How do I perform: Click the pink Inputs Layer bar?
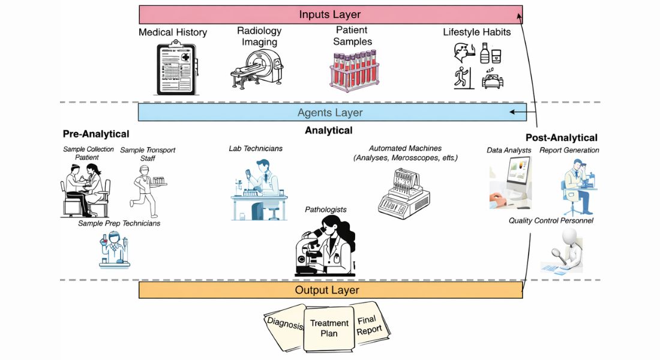(x=330, y=14)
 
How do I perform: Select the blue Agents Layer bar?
(x=330, y=112)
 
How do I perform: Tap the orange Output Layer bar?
(x=330, y=290)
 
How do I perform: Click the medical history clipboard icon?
(x=176, y=67)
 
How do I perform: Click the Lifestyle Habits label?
(x=477, y=32)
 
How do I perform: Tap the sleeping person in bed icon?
(x=493, y=80)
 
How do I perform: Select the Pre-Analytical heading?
(x=96, y=134)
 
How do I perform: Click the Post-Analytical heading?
(x=561, y=138)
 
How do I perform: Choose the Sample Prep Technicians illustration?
(x=115, y=249)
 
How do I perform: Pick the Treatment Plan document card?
(x=328, y=328)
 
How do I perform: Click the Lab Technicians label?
(x=256, y=148)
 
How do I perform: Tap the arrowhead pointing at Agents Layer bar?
(x=512, y=112)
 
